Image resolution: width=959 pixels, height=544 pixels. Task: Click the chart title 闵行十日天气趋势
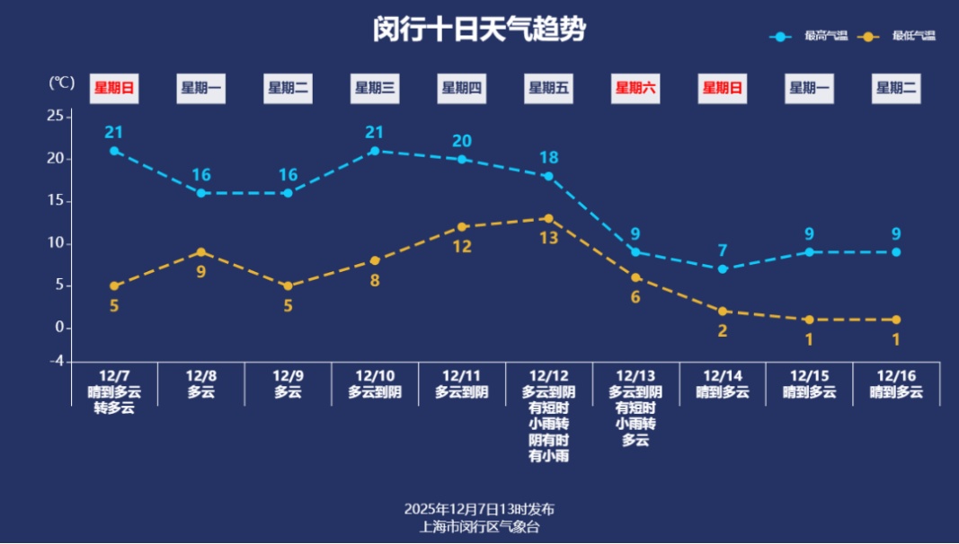(x=479, y=31)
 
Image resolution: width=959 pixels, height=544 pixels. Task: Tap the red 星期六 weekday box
(x=635, y=88)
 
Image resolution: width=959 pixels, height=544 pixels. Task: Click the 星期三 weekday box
(x=375, y=88)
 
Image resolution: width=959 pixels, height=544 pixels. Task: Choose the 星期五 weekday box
(x=548, y=88)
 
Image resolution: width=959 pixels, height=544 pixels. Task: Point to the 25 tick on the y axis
(x=55, y=117)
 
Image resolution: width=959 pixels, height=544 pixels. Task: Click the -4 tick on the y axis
(x=55, y=361)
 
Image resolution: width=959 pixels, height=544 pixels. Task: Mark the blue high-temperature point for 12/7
(x=114, y=151)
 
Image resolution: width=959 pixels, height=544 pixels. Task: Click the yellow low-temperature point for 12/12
(x=548, y=218)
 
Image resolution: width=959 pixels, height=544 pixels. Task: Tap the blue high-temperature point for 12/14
(x=723, y=269)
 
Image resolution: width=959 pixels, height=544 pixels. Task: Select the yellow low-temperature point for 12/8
(x=201, y=252)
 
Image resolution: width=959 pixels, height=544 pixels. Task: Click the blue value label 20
(x=462, y=141)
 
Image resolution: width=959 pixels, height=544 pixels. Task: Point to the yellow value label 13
(x=548, y=238)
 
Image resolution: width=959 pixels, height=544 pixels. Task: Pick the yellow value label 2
(x=723, y=330)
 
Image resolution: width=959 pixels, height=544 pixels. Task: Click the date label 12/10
(x=375, y=375)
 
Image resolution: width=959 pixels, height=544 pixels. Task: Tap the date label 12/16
(x=896, y=375)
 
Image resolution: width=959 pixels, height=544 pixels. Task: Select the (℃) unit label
(x=61, y=83)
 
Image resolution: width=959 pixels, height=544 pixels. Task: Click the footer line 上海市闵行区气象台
(x=479, y=527)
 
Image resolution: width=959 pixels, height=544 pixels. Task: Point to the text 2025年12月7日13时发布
(x=479, y=510)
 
